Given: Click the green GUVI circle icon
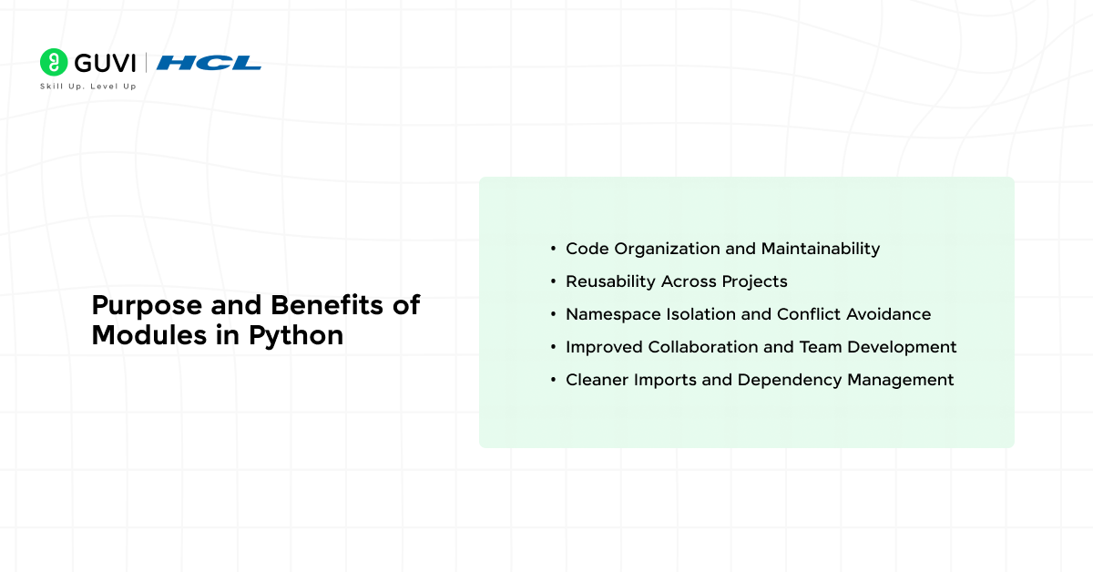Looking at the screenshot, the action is pyautogui.click(x=54, y=62).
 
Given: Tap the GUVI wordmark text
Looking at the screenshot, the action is pyautogui.click(x=105, y=63).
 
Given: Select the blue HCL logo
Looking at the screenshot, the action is pyautogui.click(x=209, y=63).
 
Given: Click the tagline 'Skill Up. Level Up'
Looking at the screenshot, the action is pyautogui.click(x=87, y=87).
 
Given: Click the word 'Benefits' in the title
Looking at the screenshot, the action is pyautogui.click(x=327, y=305).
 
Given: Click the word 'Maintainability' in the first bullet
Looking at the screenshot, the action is pyautogui.click(x=821, y=249).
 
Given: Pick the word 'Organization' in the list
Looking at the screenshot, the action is pyautogui.click(x=667, y=249).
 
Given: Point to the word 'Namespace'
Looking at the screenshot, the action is pyautogui.click(x=614, y=314).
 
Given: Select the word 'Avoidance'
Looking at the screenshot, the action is pyautogui.click(x=889, y=314).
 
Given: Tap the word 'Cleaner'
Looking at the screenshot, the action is pyautogui.click(x=598, y=380).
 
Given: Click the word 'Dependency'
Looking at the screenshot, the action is pyautogui.click(x=790, y=380).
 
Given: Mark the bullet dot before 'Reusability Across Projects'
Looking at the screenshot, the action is pyautogui.click(x=554, y=281).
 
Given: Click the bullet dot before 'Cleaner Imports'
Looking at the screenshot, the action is pyautogui.click(x=554, y=380).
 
